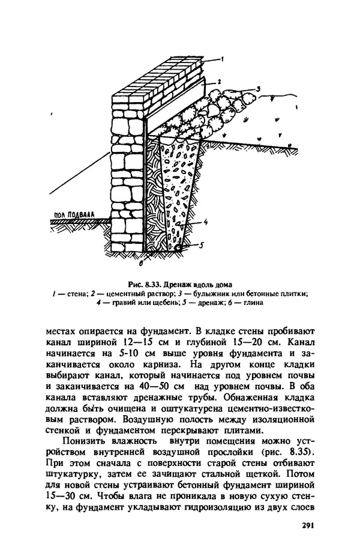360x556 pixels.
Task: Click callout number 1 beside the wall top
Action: coord(221,59)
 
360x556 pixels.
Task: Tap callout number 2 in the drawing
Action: coord(220,80)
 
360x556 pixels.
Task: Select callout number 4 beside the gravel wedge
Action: coord(206,223)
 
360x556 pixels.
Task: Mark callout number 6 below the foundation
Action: coord(140,262)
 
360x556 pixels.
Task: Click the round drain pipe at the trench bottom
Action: coord(178,246)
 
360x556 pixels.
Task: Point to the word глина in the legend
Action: coord(254,303)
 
